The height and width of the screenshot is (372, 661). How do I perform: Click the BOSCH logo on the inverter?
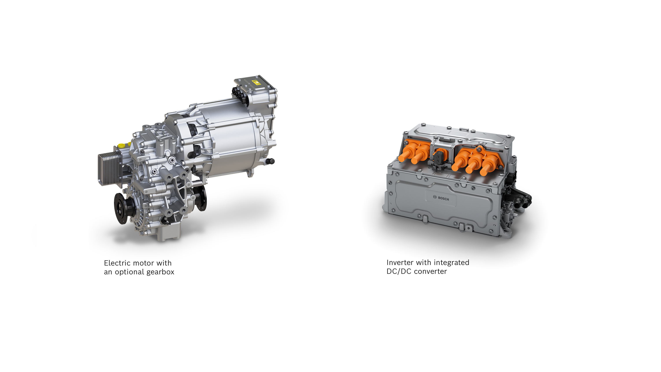441,198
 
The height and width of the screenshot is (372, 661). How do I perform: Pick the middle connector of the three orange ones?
476,160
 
